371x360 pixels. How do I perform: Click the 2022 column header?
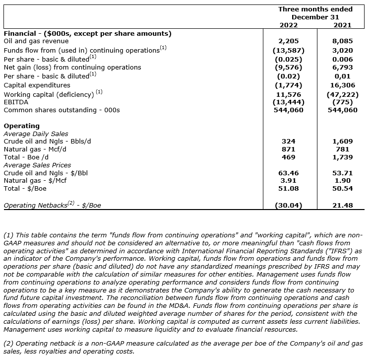coord(288,25)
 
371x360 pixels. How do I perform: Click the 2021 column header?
coord(342,25)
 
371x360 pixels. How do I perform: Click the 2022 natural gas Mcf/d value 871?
coord(288,149)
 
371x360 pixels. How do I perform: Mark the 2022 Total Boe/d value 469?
coord(288,157)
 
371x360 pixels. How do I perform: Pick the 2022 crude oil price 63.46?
coord(288,173)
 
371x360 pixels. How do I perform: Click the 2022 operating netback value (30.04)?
coord(288,205)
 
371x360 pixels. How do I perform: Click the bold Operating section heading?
coord(21,126)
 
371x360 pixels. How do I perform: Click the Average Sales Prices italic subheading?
coord(37,165)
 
